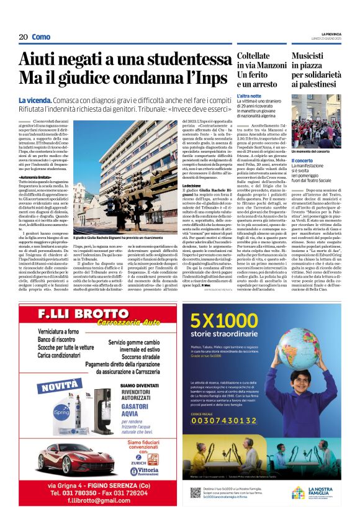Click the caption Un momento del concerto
312,151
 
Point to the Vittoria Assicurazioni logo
149,471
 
